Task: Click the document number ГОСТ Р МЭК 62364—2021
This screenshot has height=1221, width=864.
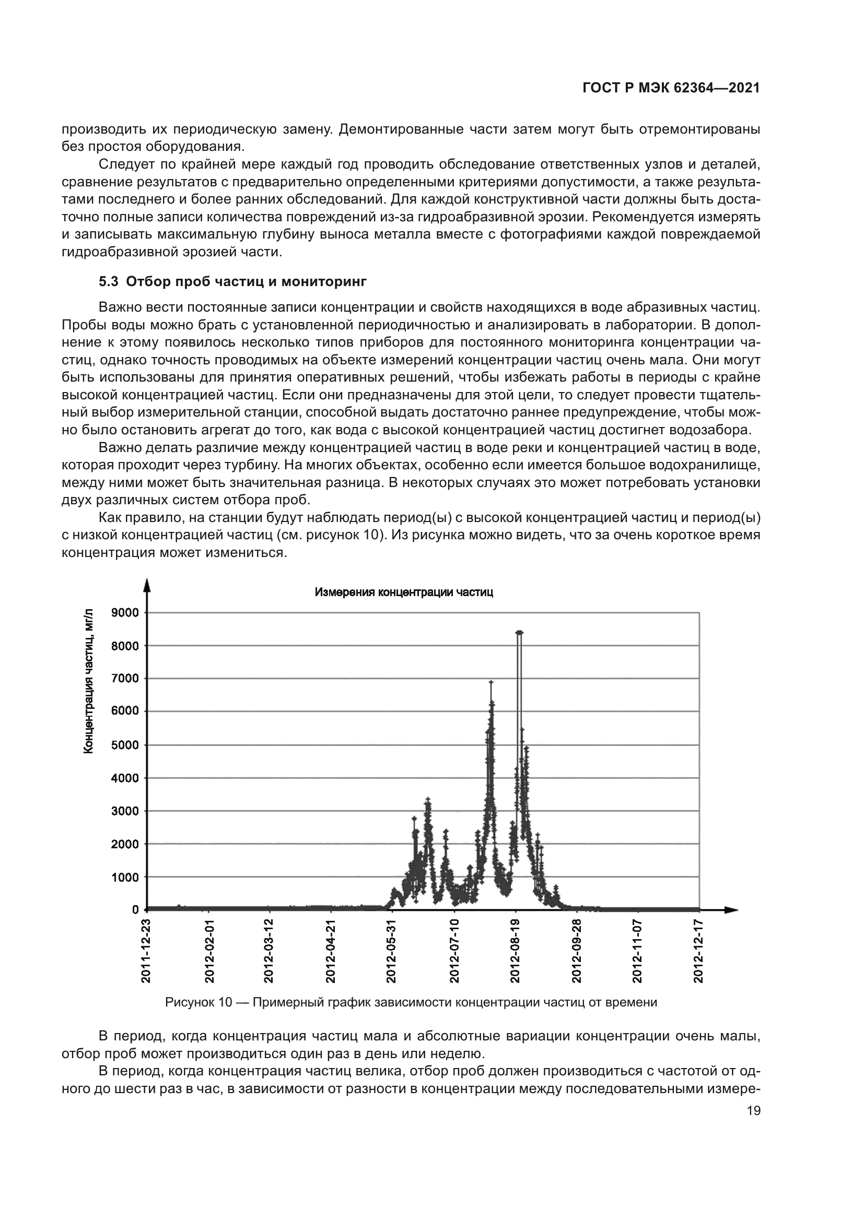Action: [671, 88]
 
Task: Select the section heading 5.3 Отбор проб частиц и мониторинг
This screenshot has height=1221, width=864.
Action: [232, 281]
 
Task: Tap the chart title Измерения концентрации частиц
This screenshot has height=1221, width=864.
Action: [404, 592]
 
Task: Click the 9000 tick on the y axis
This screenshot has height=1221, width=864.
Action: [125, 613]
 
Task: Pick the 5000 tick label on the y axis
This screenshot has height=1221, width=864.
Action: [125, 744]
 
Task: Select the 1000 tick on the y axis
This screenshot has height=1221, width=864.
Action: [125, 876]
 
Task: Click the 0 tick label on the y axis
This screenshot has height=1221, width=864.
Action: [135, 909]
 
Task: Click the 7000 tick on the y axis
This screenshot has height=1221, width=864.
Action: [125, 679]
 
